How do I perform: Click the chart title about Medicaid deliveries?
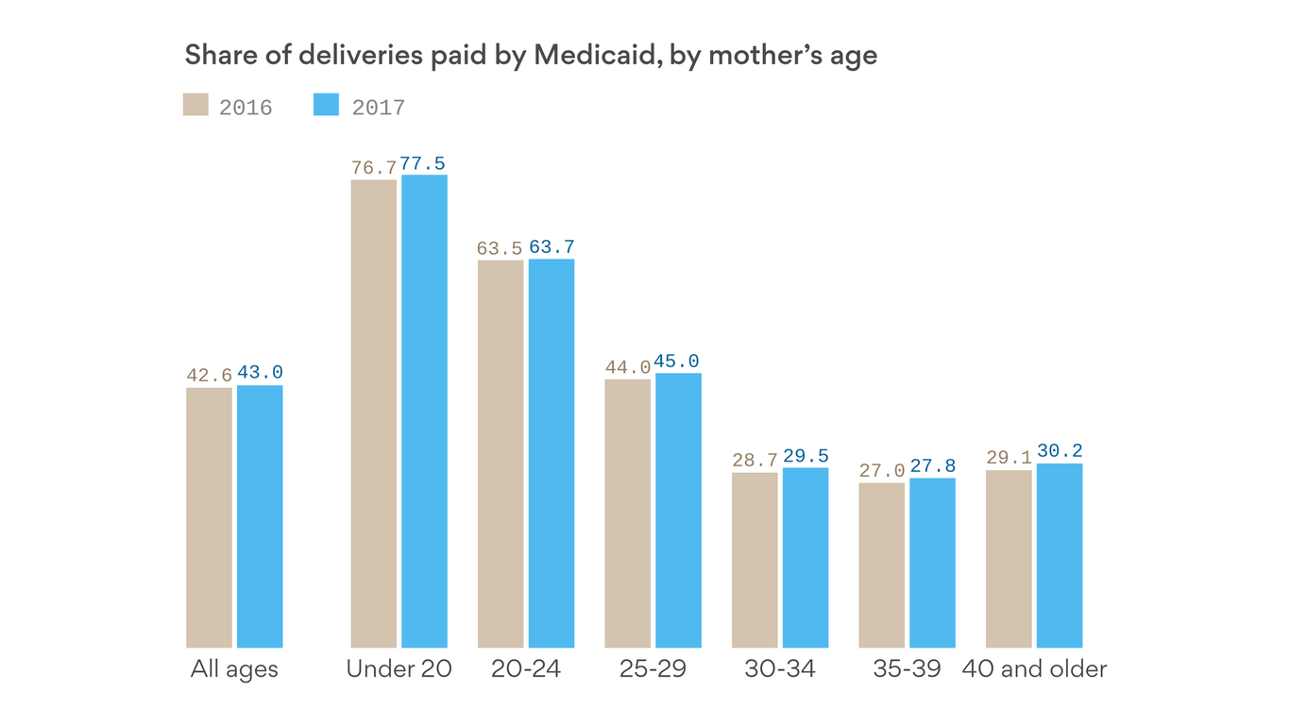[x=531, y=55]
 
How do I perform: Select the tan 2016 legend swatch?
[x=195, y=104]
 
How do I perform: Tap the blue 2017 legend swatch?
[x=326, y=104]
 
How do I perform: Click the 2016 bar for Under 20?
[x=373, y=413]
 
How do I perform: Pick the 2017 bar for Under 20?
[x=424, y=411]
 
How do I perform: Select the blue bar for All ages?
[x=260, y=516]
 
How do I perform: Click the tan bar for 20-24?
[x=501, y=453]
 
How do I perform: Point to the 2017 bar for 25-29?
[x=678, y=510]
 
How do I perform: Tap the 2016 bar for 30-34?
[x=755, y=560]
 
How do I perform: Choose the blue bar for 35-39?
[x=932, y=563]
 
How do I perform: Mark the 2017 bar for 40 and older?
[x=1060, y=555]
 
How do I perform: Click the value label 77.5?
[x=422, y=163]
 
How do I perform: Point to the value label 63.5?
[x=500, y=248]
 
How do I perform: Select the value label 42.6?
[x=209, y=376]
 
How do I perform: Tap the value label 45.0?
[x=677, y=362]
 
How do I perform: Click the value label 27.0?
[x=882, y=471]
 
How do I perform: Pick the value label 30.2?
[x=1060, y=451]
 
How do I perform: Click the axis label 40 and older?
[x=1034, y=669]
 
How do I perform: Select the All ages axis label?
[x=234, y=669]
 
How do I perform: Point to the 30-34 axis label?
[x=779, y=669]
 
